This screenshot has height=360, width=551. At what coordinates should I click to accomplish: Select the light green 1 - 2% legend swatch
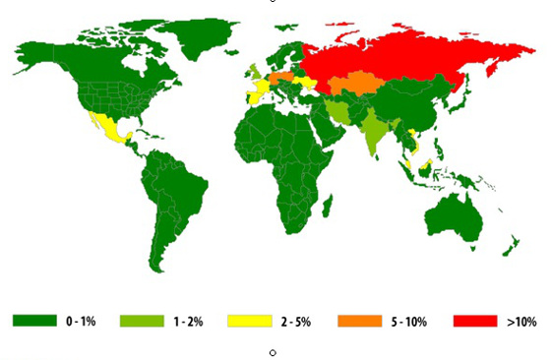144,321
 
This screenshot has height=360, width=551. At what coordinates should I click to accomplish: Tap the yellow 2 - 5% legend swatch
251,321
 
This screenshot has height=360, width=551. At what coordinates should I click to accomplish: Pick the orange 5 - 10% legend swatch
358,321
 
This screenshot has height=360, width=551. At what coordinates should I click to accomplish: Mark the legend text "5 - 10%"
405,321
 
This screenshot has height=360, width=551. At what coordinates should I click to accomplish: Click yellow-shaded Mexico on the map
109,128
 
